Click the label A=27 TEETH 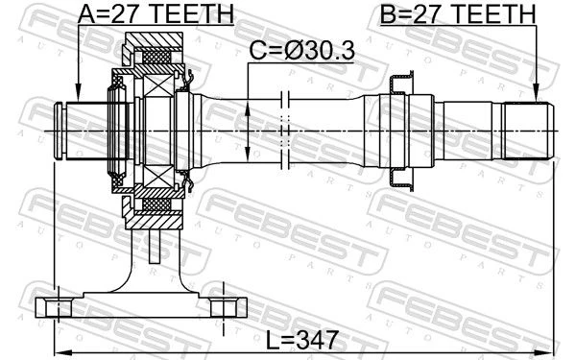point(156,13)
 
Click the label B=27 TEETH point(458,13)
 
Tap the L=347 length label point(301,340)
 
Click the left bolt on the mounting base point(59,308)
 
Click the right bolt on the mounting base point(224,308)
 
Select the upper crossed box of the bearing point(158,85)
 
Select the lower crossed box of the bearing point(158,177)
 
